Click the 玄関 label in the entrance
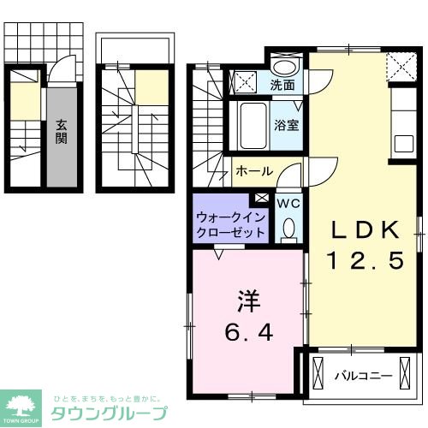pyautogui.click(x=62, y=130)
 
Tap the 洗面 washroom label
pyautogui.click(x=282, y=86)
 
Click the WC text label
pyautogui.click(x=288, y=203)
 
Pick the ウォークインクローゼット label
pyautogui.click(x=229, y=224)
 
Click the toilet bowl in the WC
pyautogui.click(x=288, y=227)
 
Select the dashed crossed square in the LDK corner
pyautogui.click(x=397, y=63)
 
